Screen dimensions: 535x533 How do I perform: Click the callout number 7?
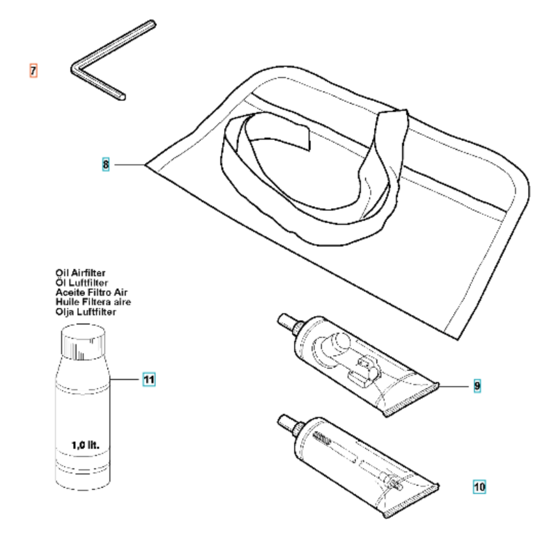point(33,71)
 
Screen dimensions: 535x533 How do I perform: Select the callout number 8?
point(106,164)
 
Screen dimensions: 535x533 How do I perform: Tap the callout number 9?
point(477,386)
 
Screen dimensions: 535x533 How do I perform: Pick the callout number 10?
point(480,487)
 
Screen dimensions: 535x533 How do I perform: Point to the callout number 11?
point(149,379)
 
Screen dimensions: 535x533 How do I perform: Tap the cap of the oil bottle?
point(83,342)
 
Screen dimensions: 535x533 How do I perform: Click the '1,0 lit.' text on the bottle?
point(85,445)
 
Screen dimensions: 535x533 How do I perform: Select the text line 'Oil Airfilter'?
point(81,273)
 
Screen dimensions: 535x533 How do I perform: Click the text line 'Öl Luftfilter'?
point(82,282)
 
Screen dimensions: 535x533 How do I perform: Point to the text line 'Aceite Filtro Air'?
point(91,293)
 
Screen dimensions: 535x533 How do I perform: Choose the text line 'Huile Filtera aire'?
point(93,302)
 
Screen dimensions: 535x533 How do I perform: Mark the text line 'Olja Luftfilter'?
point(86,312)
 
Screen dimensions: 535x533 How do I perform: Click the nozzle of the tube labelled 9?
point(286,322)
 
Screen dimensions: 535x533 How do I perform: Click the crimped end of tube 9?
point(411,399)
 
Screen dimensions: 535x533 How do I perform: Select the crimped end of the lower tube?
point(411,501)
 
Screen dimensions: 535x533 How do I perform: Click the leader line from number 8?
point(130,165)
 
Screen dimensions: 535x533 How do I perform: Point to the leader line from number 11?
point(126,379)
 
